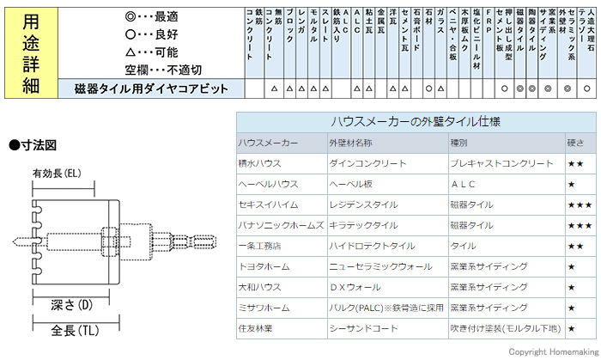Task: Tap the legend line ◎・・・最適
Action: click(x=151, y=15)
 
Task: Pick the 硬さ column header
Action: click(x=576, y=143)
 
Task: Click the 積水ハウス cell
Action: click(x=259, y=162)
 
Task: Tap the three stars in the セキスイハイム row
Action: click(x=579, y=204)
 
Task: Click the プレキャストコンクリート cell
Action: click(x=501, y=162)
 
